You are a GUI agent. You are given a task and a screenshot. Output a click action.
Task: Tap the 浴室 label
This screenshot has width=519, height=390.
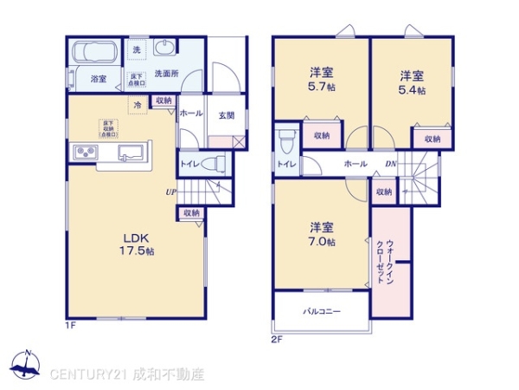point(99,79)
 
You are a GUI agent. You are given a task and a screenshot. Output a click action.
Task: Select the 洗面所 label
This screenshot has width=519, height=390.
point(167,74)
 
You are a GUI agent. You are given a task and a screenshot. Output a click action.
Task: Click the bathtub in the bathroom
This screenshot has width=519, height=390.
point(97,51)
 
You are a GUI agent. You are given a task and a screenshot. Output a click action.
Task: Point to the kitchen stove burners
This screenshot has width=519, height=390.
point(85,153)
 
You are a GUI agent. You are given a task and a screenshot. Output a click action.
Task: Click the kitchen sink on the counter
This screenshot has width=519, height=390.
point(131,154)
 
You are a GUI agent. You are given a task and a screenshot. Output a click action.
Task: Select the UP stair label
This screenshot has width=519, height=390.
point(173,192)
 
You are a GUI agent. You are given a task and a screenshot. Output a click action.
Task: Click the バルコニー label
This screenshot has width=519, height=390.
point(321,310)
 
